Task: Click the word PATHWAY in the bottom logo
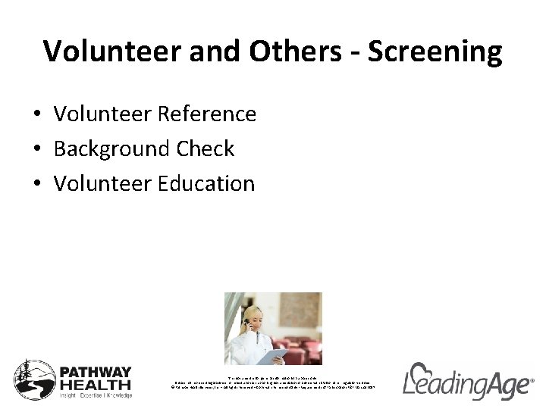click(96, 371)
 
